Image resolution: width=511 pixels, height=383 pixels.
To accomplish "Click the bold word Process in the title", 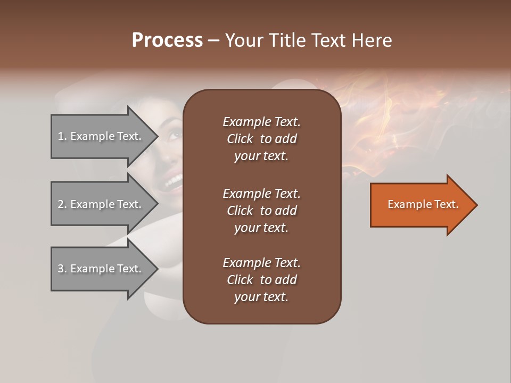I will point(167,40).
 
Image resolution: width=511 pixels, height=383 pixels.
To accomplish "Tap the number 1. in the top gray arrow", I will point(62,137).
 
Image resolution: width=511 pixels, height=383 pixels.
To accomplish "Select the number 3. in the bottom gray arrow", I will point(62,269).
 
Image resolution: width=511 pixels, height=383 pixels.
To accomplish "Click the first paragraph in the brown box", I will point(261,139).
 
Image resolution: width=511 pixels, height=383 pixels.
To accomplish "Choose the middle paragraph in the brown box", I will point(261,210).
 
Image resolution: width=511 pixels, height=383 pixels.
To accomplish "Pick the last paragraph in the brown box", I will point(261,280).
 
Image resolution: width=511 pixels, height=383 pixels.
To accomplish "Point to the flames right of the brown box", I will point(373,117).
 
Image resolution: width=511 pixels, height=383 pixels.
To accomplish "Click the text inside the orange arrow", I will point(423,204).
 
